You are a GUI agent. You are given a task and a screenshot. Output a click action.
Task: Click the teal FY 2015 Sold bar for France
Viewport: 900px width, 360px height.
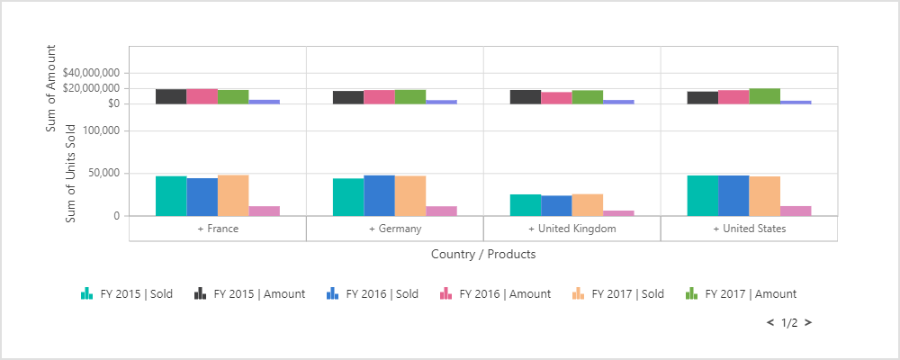171,196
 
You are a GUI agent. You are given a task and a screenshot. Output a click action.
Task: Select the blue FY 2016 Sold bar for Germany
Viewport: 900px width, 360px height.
379,195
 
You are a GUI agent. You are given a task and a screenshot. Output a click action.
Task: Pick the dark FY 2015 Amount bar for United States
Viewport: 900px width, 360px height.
703,97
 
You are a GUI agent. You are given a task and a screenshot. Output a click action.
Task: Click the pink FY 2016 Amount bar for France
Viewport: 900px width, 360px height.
202,96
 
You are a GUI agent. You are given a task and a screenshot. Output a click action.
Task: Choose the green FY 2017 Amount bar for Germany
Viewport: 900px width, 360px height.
410,96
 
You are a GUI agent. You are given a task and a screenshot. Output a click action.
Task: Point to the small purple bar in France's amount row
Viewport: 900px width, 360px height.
264,102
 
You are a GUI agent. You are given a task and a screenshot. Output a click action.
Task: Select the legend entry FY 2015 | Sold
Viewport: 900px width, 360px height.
126,293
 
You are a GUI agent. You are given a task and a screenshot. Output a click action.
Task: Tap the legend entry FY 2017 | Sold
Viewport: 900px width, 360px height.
618,293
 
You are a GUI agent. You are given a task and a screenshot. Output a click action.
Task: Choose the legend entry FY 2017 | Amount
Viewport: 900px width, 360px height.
741,293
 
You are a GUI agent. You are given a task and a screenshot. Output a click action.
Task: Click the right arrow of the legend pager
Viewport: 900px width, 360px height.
808,322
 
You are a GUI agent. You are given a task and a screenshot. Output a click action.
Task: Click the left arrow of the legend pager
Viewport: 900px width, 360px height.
769,322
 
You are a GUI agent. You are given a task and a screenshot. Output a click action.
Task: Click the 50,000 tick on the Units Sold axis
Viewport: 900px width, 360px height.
102,174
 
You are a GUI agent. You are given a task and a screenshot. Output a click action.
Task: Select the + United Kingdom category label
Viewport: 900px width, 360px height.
571,229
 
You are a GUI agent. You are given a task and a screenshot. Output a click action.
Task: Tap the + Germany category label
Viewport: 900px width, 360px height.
395,229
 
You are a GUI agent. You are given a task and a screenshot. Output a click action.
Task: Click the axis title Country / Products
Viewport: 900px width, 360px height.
483,255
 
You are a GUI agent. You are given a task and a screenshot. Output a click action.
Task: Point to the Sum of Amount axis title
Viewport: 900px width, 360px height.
51,88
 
